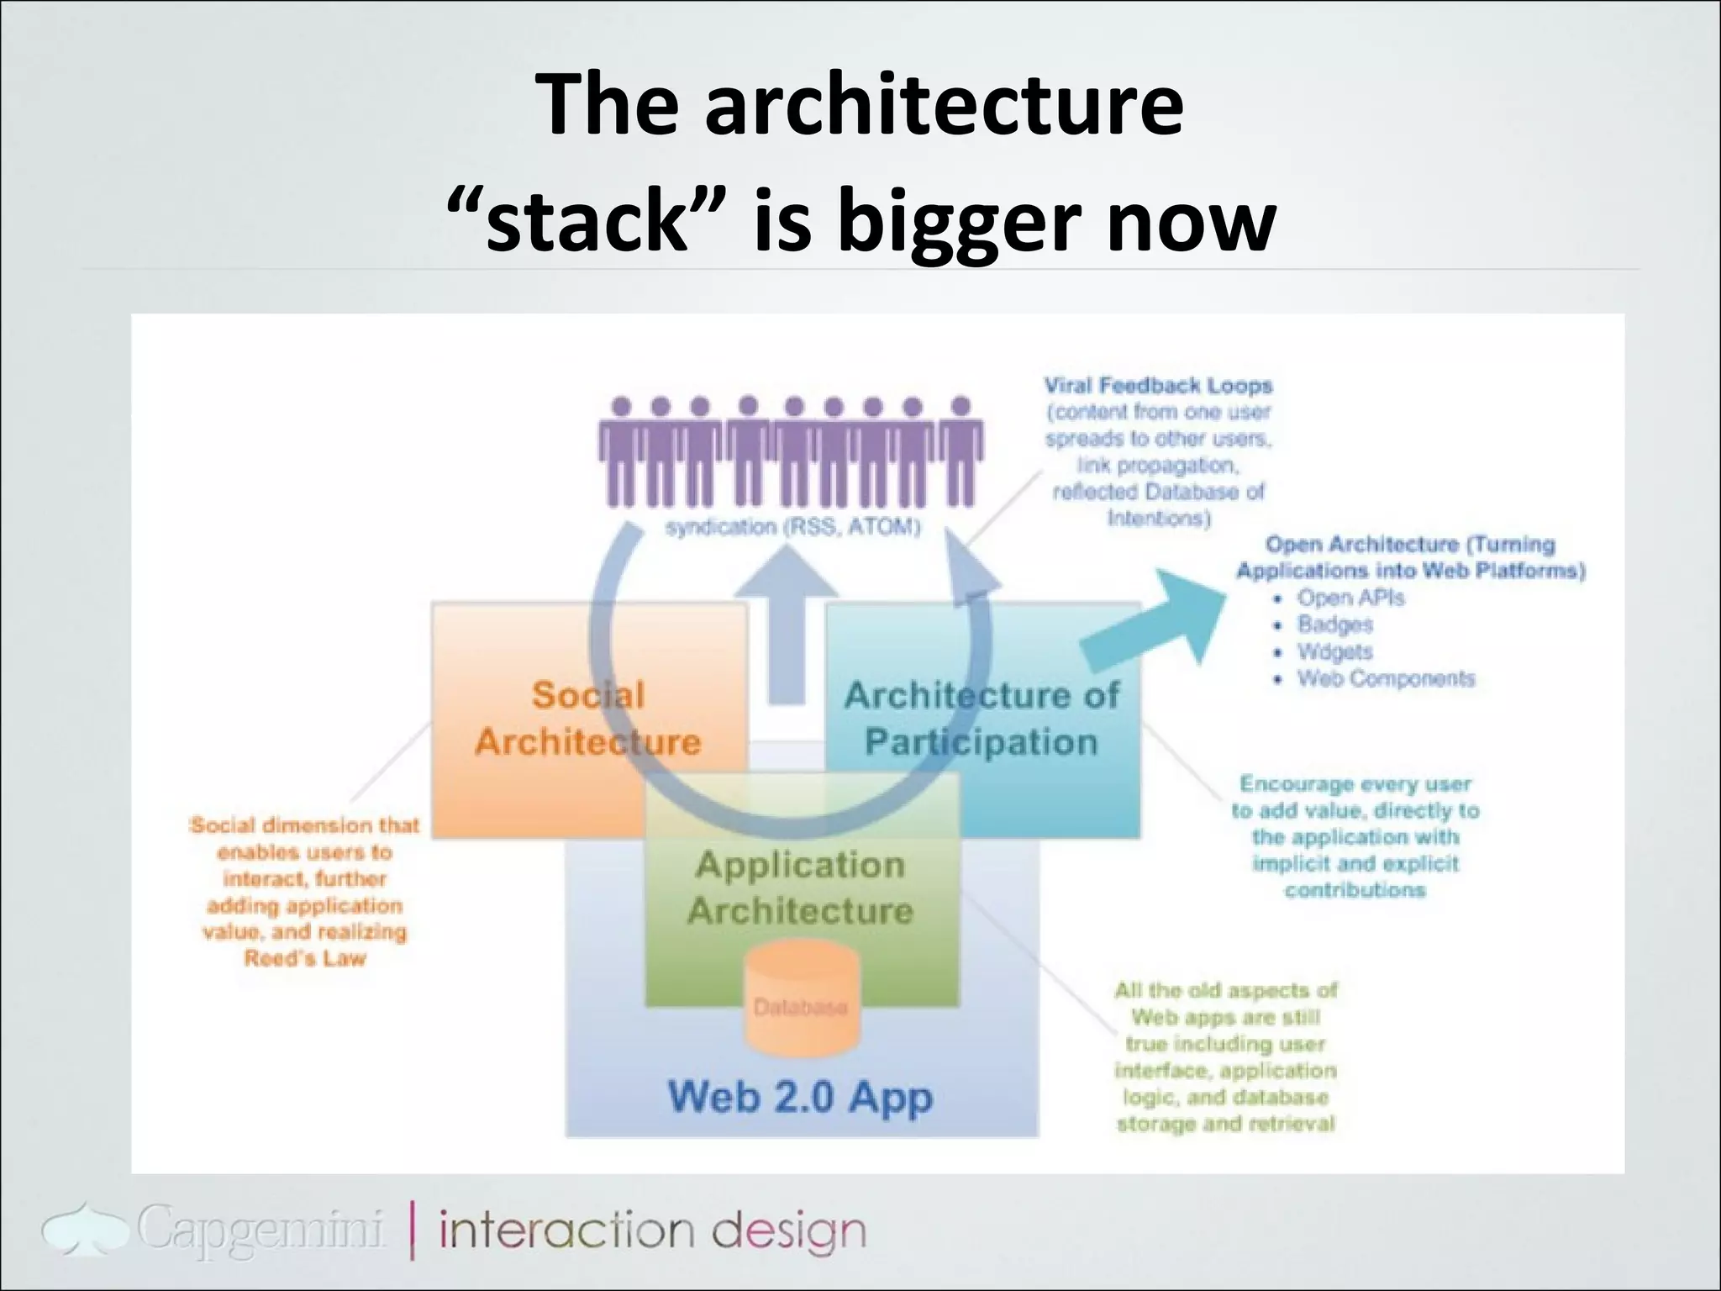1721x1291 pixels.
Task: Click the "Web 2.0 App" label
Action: [x=799, y=1097]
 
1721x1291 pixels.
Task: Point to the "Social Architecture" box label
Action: [x=587, y=719]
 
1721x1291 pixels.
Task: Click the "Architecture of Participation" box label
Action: [x=982, y=719]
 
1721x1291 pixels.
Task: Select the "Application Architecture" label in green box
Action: [x=800, y=888]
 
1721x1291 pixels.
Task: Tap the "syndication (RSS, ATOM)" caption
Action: [x=793, y=527]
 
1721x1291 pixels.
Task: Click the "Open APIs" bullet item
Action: [x=1350, y=598]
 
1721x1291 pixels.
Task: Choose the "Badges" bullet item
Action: [x=1334, y=624]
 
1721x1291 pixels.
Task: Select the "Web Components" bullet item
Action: [x=1385, y=678]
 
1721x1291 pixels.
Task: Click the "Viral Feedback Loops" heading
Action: [x=1158, y=386]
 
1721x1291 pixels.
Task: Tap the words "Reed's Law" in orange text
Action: [x=305, y=958]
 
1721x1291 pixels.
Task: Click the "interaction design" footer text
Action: [x=652, y=1230]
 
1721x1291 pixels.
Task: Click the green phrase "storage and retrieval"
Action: [x=1225, y=1124]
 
